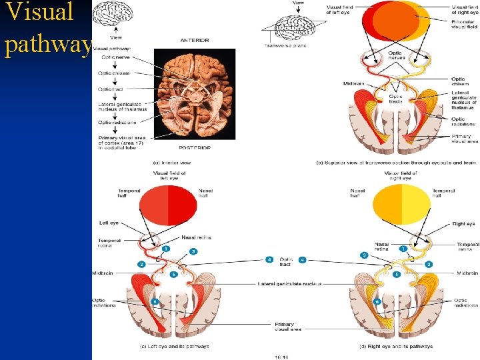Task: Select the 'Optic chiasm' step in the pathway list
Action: (x=114, y=73)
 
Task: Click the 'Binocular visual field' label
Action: (x=462, y=24)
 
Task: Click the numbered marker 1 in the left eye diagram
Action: (x=165, y=248)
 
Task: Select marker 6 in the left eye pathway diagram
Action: (x=155, y=301)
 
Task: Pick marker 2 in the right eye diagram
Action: (x=429, y=264)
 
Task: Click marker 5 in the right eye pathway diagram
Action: (x=397, y=274)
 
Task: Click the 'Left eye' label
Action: (x=109, y=223)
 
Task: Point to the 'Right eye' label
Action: (x=464, y=224)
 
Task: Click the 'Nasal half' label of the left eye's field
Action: (x=205, y=193)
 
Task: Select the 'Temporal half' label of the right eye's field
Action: (x=443, y=193)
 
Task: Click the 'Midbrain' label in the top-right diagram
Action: (x=353, y=84)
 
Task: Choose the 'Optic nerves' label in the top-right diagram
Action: (x=396, y=55)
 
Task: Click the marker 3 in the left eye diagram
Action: (x=193, y=251)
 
